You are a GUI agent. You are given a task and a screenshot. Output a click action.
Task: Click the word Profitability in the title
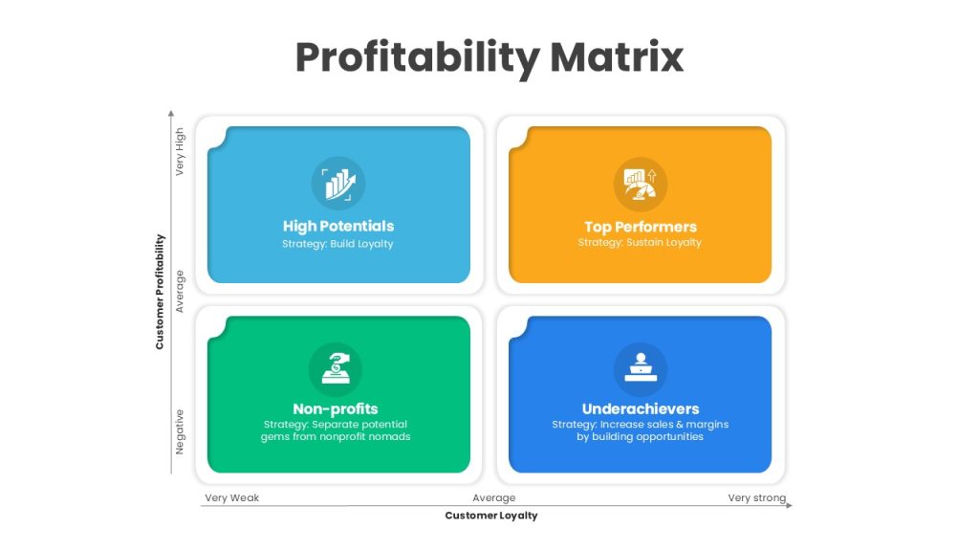[418, 58]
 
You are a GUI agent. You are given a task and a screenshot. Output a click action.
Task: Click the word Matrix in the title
[617, 57]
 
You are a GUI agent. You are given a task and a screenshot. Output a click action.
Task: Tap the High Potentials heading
[338, 226]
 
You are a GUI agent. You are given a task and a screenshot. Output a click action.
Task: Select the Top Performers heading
[641, 227]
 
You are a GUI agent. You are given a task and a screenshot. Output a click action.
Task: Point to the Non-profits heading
[336, 408]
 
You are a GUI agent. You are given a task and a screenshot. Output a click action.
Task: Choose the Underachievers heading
[641, 408]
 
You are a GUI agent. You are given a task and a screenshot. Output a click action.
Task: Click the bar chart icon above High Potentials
[338, 184]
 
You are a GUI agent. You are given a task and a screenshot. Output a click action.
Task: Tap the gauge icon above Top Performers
[641, 185]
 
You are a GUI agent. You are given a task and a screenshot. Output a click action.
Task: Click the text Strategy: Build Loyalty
[337, 244]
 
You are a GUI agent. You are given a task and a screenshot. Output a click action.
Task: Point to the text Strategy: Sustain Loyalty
[640, 242]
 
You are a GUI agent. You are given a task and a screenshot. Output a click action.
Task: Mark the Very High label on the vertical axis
[180, 151]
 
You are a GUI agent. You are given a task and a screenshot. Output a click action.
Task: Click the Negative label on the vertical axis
[180, 431]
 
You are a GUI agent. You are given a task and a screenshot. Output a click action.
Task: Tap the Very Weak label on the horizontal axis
[231, 497]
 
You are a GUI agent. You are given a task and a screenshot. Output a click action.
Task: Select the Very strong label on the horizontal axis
[757, 497]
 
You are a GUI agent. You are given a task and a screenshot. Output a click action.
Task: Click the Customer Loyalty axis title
[491, 516]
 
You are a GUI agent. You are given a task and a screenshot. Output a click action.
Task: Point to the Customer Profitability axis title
[160, 292]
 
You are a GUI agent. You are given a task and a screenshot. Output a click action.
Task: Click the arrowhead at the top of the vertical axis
[171, 113]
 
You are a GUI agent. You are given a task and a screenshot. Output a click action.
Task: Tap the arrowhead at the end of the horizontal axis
[789, 505]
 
